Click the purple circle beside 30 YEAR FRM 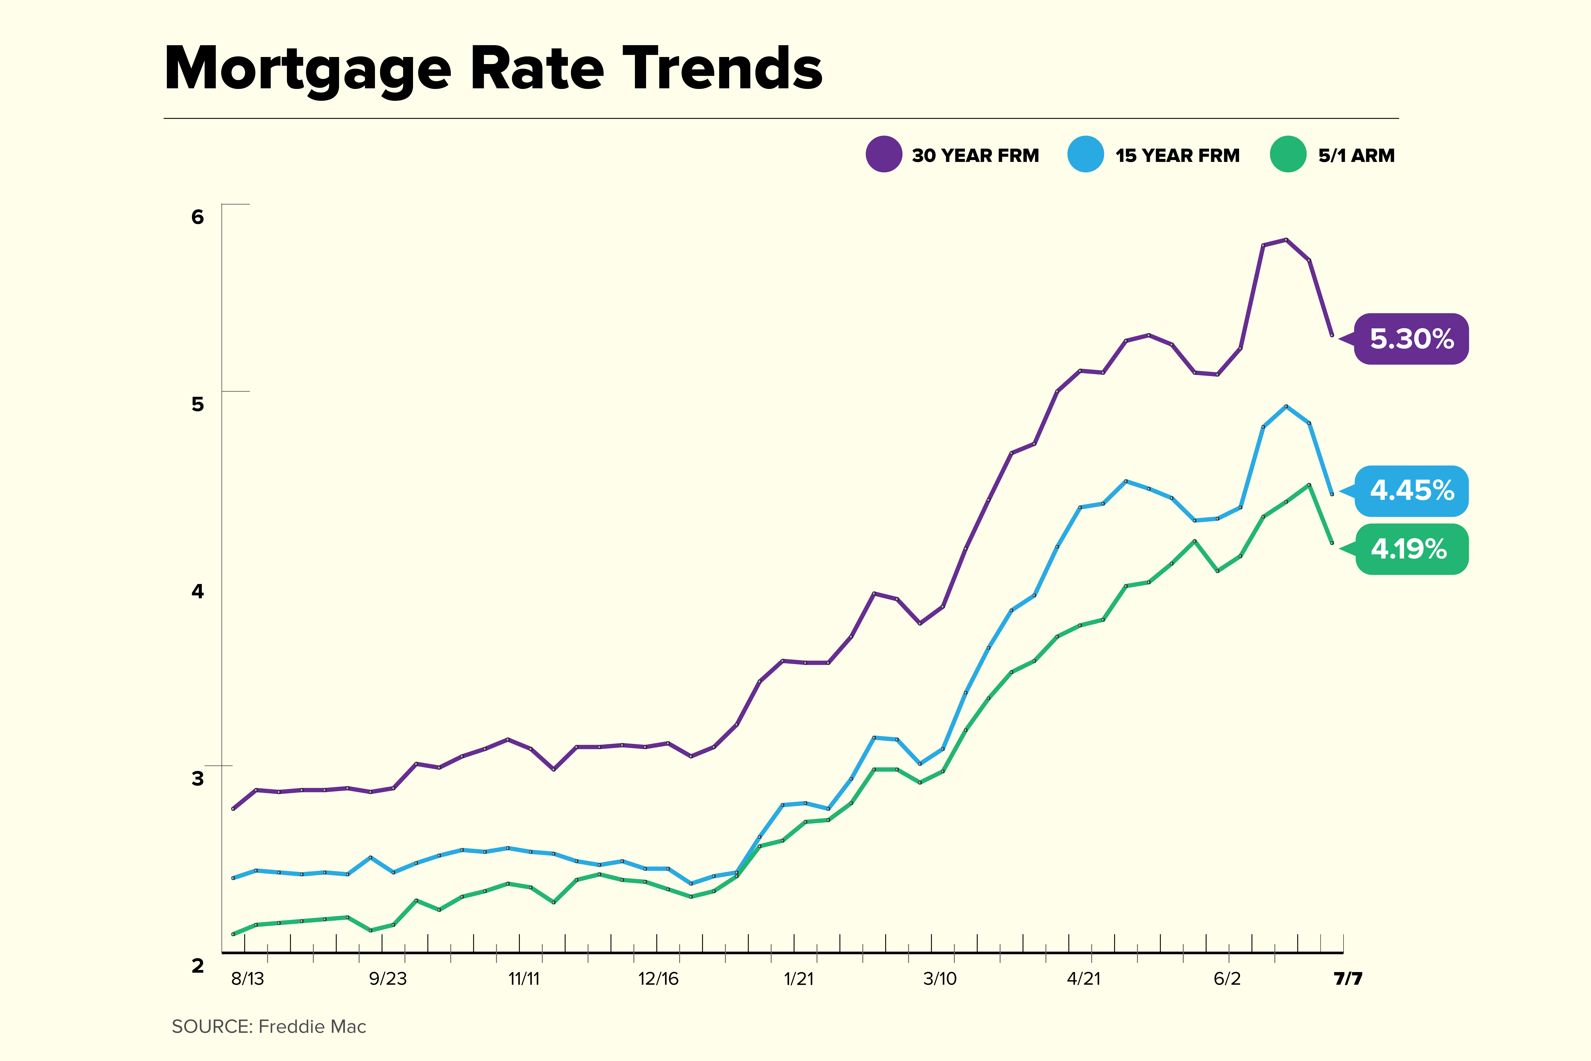click(x=883, y=154)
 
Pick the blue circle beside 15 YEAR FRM click(x=1086, y=154)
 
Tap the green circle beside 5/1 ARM click(x=1288, y=154)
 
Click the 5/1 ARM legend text click(x=1356, y=156)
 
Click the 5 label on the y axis click(x=198, y=404)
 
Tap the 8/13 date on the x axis click(x=247, y=978)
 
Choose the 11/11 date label click(x=524, y=978)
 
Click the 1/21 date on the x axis click(x=799, y=978)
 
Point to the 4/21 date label click(x=1084, y=978)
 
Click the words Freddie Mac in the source click(x=312, y=1027)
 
